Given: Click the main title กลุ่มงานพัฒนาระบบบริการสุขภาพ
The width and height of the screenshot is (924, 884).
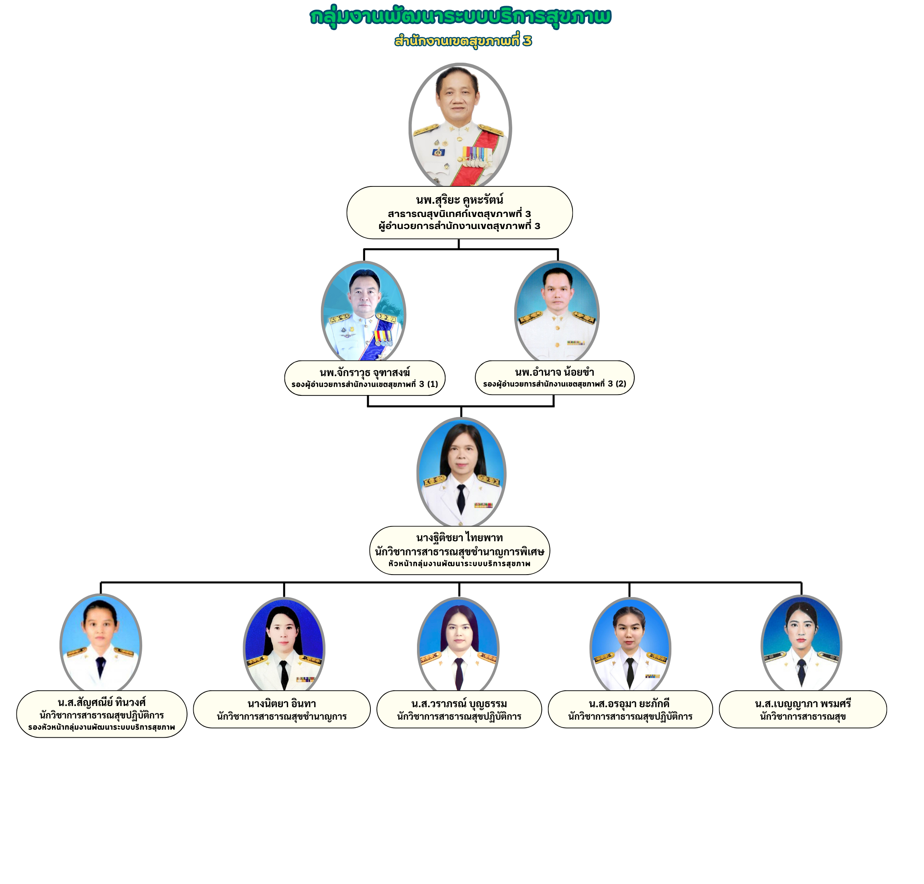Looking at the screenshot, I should [460, 16].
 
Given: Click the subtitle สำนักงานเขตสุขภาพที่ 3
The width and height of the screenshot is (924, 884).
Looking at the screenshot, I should [463, 41].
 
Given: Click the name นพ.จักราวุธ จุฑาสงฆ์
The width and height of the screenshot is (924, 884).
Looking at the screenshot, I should [364, 372].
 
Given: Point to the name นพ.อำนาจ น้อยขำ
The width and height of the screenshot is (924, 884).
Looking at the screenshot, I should [554, 372].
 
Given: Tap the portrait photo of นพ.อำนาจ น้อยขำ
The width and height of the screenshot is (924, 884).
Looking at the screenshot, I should [556, 311].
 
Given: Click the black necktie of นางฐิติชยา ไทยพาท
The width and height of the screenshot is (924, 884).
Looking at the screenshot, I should [461, 499].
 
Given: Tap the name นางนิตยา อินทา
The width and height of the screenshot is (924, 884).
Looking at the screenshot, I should [281, 704].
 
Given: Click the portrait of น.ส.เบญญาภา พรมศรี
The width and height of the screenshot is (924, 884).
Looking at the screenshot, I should [801, 643].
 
